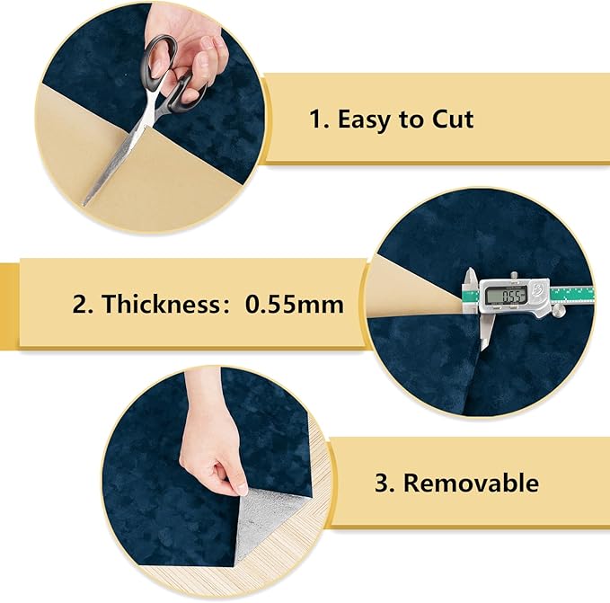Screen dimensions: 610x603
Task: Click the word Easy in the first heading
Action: pyautogui.click(x=364, y=120)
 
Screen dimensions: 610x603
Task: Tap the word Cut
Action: pyautogui.click(x=453, y=120)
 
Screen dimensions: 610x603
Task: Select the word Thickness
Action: pyautogui.click(x=162, y=304)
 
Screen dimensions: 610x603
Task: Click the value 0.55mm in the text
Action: pyautogui.click(x=295, y=305)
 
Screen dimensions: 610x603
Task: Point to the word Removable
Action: pyautogui.click(x=471, y=483)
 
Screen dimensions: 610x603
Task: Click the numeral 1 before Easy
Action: pyautogui.click(x=316, y=120)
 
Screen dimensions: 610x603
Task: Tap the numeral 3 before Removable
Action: pyautogui.click(x=383, y=483)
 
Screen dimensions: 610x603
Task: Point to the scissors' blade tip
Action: pyautogui.click(x=84, y=204)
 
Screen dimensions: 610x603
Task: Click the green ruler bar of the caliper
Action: pyautogui.click(x=572, y=295)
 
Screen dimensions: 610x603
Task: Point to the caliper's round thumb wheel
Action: pyautogui.click(x=559, y=311)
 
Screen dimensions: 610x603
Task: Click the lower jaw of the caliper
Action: pyautogui.click(x=485, y=331)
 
